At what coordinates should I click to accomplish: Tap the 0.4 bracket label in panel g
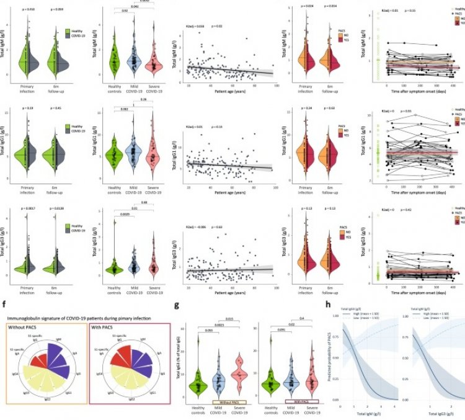[302, 318]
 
